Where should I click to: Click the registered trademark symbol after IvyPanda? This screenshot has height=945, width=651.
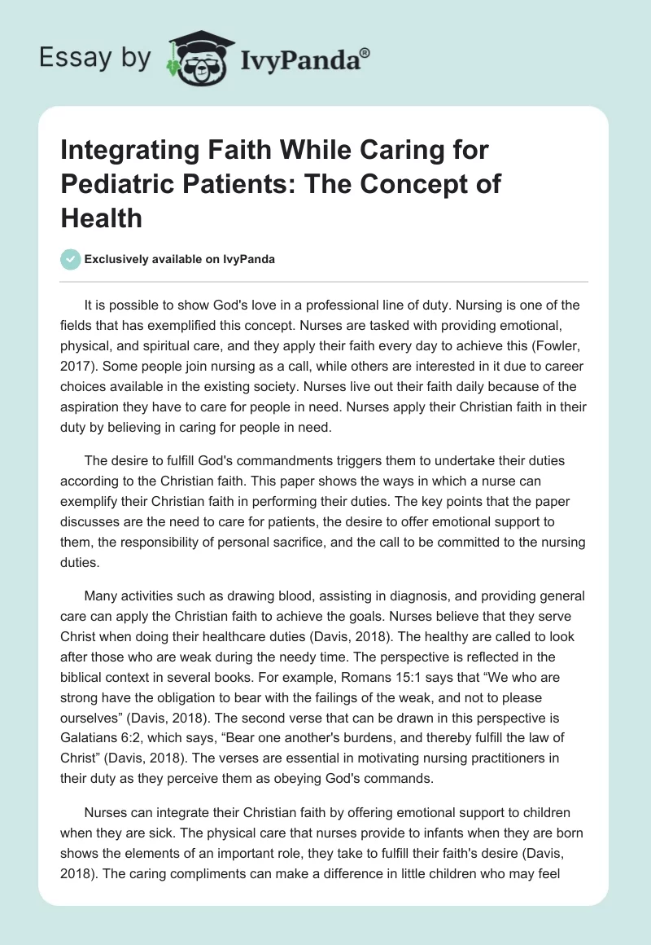pos(365,52)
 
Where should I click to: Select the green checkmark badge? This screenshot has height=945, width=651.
pos(70,259)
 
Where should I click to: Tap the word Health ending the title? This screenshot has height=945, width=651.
pos(102,218)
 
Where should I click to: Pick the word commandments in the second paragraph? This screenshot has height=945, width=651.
pos(266,460)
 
